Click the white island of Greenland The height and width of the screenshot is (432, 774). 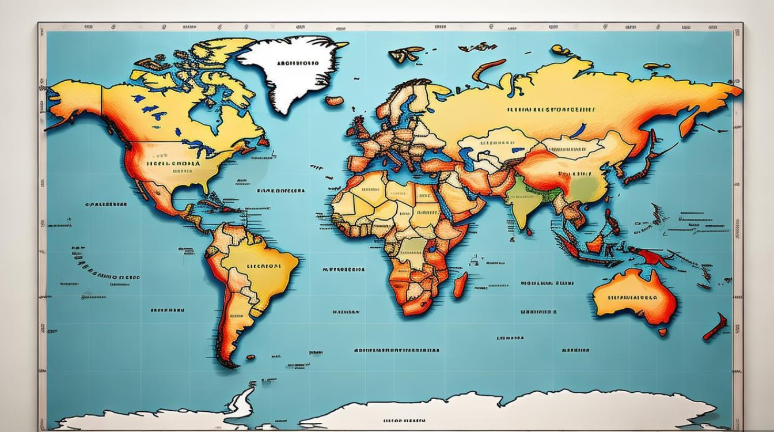(288, 75)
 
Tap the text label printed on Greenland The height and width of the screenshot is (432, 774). (297, 63)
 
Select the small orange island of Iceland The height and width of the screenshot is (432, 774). (334, 101)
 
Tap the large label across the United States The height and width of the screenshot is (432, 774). (173, 163)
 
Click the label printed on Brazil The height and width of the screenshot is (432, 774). (264, 266)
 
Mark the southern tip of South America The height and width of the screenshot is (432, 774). (227, 363)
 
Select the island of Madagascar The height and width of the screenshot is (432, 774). (460, 285)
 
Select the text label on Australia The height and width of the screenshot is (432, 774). (632, 298)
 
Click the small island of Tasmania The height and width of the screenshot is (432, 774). (662, 332)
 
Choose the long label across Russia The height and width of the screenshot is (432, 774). (551, 108)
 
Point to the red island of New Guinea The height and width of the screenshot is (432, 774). (651, 256)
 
